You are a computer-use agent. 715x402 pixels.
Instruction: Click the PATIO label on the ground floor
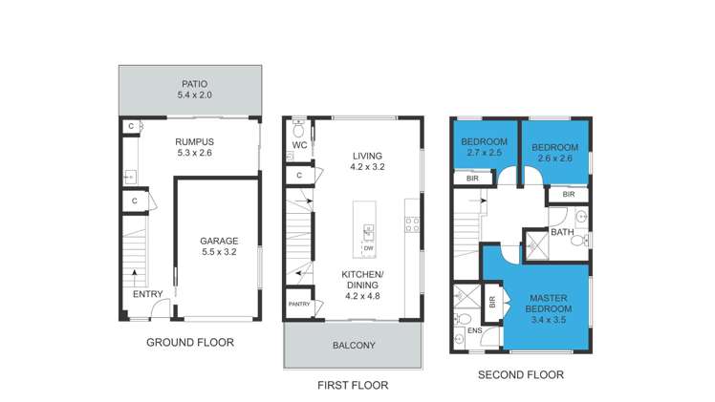coord(190,83)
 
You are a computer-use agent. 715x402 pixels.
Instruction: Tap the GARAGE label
coord(219,241)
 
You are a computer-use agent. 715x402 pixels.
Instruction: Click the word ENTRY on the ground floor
coord(148,294)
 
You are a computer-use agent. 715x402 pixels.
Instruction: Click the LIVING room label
coord(366,156)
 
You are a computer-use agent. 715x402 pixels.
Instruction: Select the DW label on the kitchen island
coord(367,248)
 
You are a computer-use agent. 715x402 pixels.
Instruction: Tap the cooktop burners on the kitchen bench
coord(413,224)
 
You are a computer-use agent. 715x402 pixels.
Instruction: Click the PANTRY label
coord(298,305)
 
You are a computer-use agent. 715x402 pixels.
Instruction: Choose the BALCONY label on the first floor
coord(353,346)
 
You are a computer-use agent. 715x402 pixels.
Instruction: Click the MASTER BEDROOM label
coord(550,304)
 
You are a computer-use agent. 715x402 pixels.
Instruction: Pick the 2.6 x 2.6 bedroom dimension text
coord(554,159)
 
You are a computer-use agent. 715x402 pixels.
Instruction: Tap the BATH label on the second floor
coord(561,232)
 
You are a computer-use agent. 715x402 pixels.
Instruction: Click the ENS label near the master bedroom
coord(474,331)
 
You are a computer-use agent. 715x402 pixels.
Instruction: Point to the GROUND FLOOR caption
coord(189,342)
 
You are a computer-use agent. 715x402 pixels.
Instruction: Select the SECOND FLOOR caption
coord(520,374)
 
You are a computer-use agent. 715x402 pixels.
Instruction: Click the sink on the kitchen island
coord(367,229)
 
